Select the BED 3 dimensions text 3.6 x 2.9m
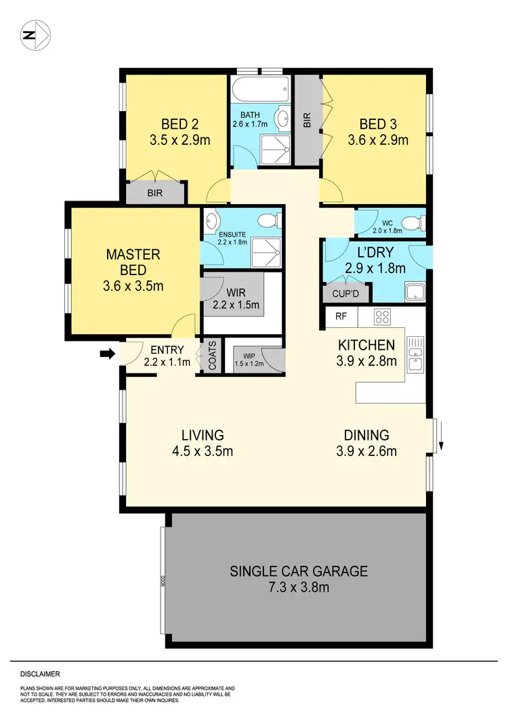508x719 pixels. tap(378, 141)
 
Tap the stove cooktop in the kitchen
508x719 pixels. tap(382, 316)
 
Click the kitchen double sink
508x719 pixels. tap(415, 354)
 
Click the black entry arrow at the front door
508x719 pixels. tap(106, 353)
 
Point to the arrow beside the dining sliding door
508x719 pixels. tap(441, 445)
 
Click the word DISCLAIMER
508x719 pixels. tap(40, 674)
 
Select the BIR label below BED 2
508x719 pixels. tap(155, 193)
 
